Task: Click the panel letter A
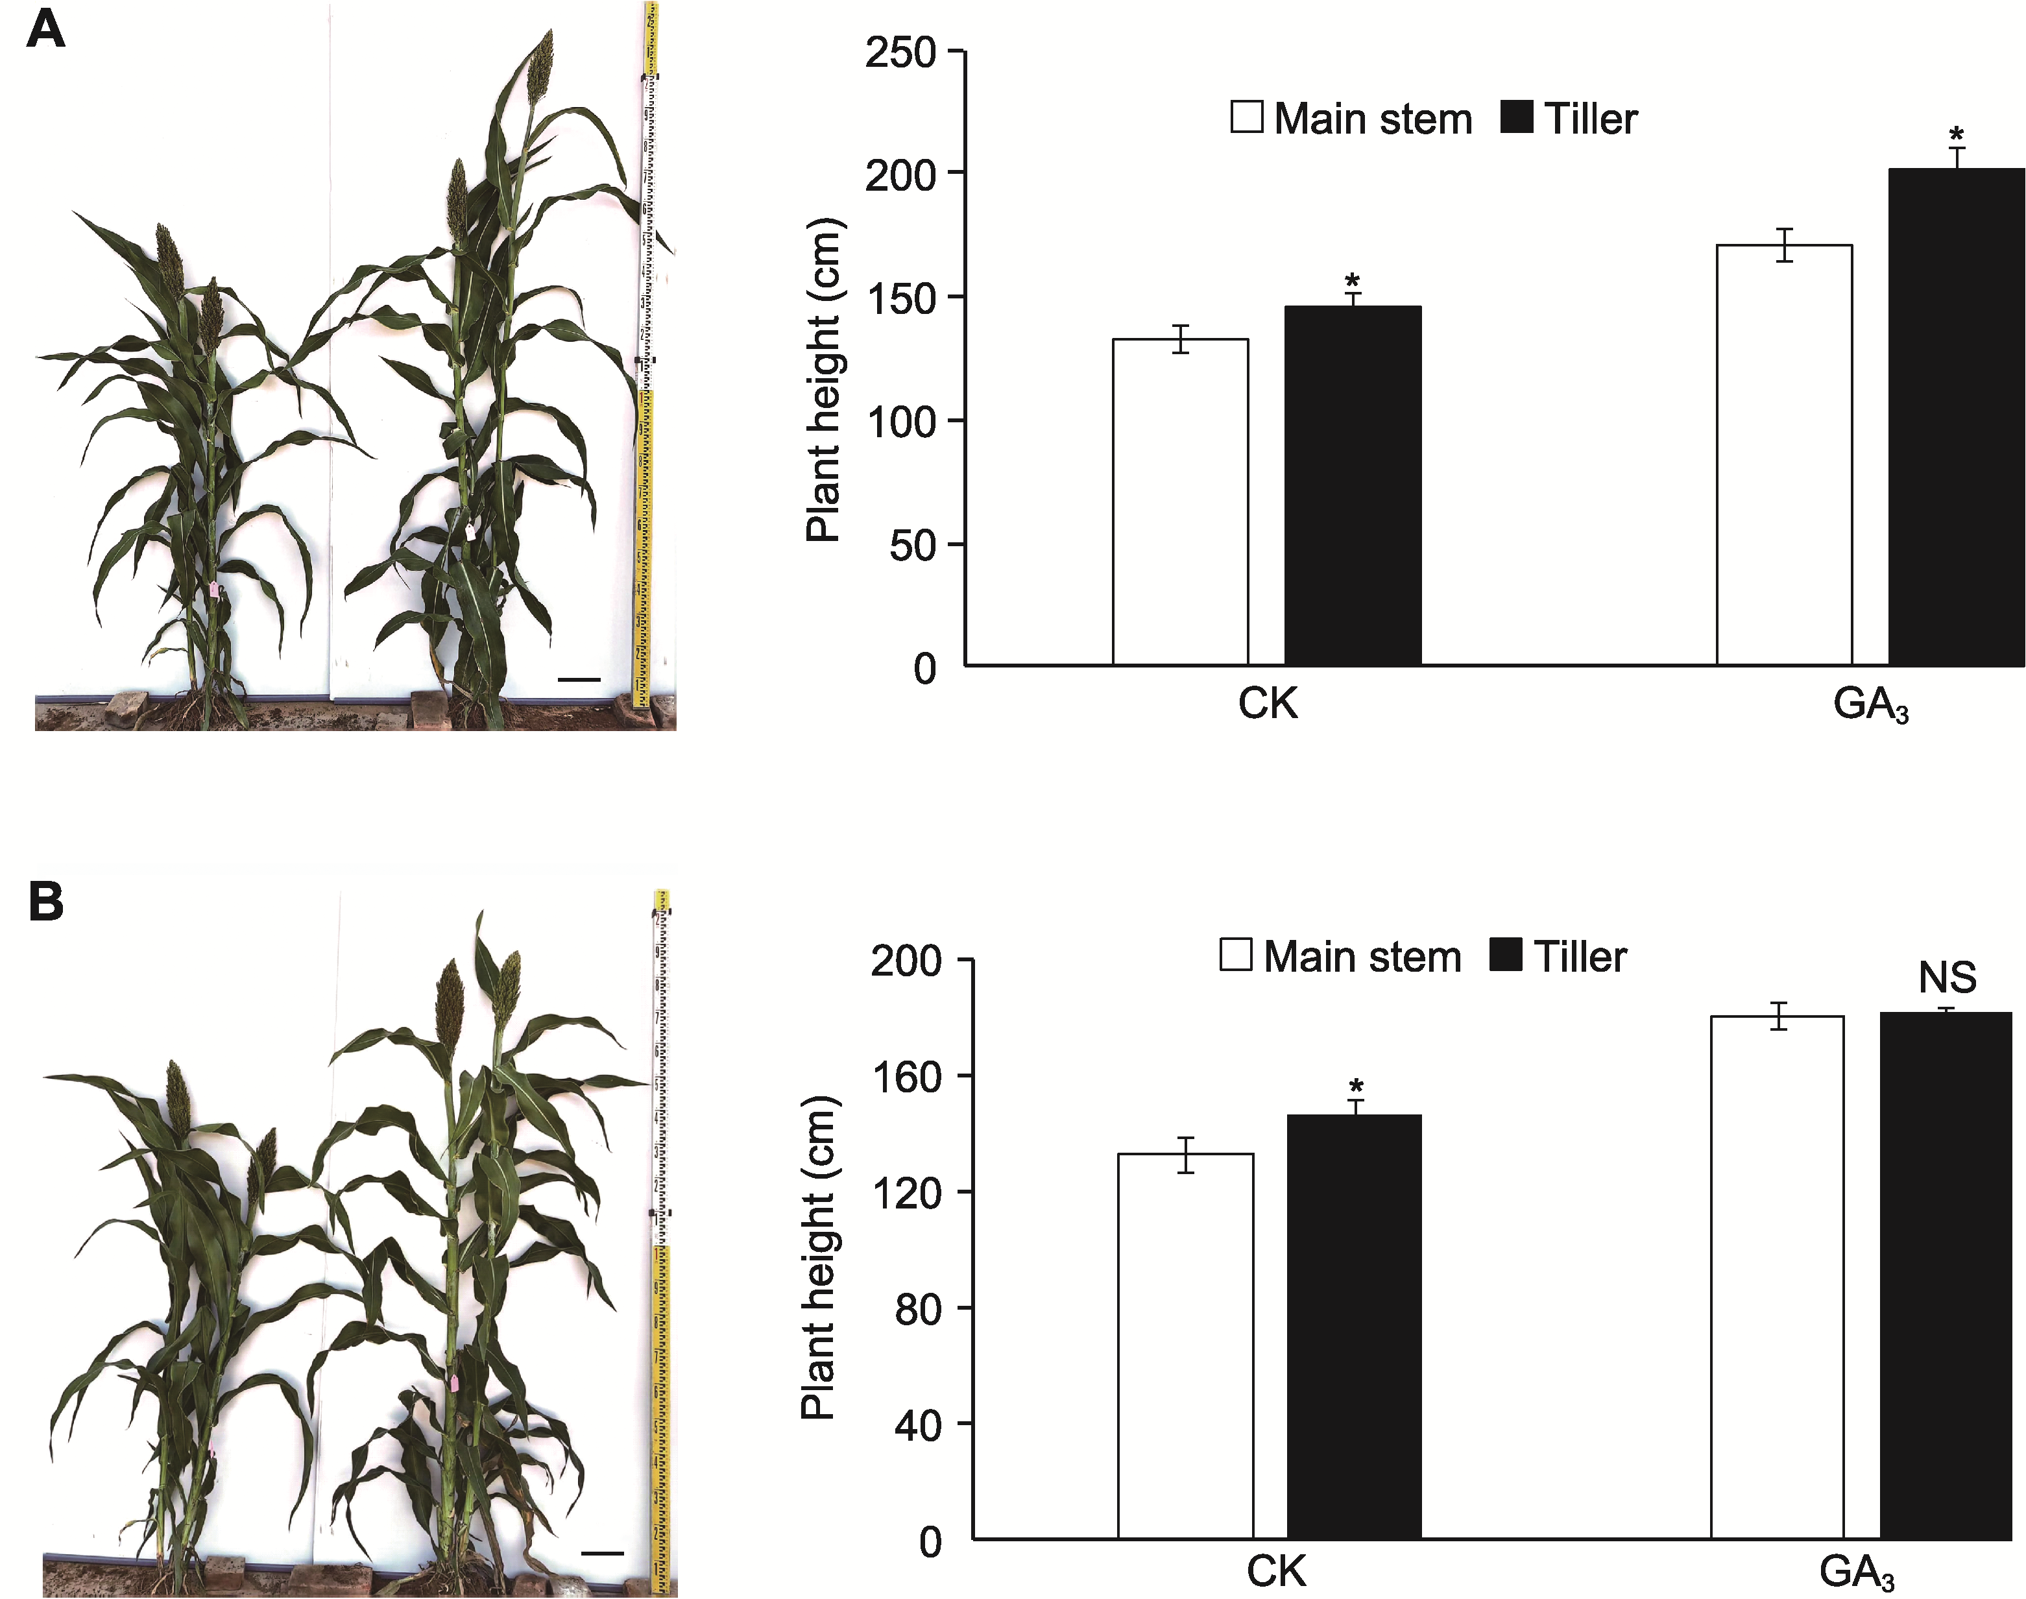(45, 29)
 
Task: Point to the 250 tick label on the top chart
(900, 53)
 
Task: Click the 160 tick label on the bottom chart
(906, 1077)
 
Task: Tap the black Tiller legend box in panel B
(1504, 955)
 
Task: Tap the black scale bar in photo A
(579, 679)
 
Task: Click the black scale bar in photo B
(602, 1553)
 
